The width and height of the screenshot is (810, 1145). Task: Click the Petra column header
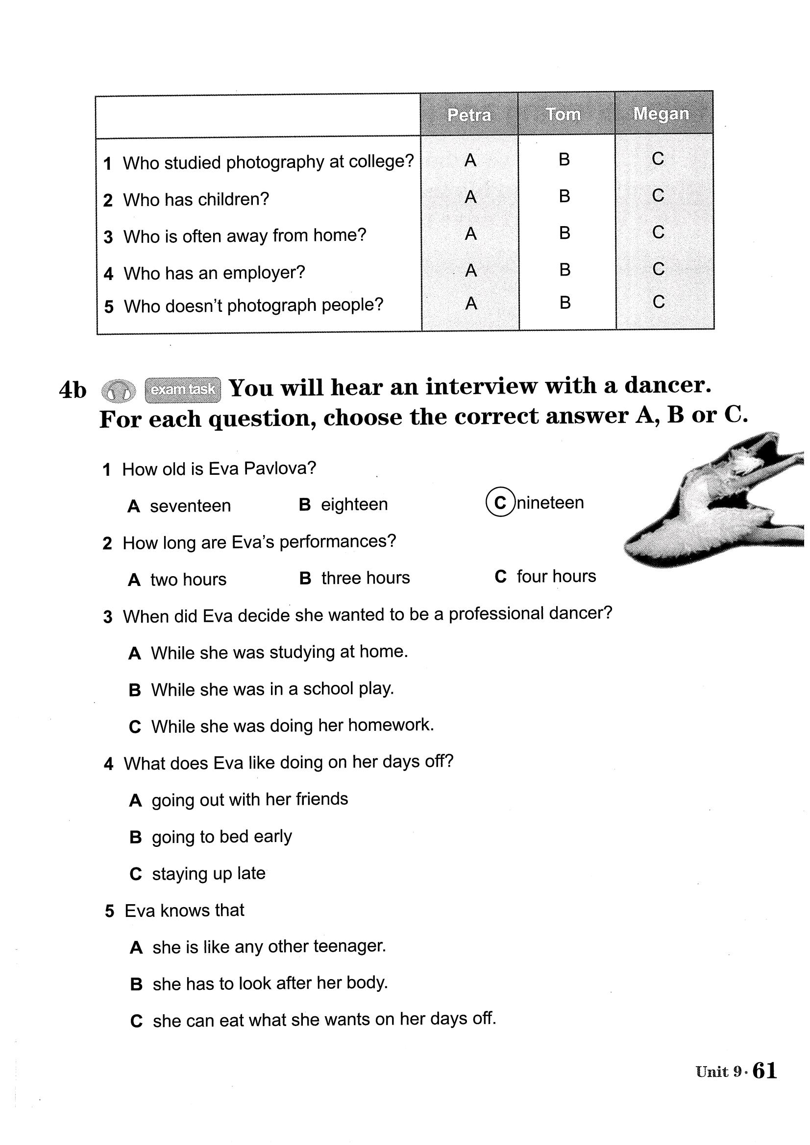(x=468, y=115)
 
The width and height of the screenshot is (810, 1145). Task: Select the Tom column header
(x=564, y=114)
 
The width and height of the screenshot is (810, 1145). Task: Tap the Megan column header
(x=661, y=114)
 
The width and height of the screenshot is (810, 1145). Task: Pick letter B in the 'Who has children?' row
(x=565, y=196)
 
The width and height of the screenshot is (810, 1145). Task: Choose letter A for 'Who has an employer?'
(x=470, y=271)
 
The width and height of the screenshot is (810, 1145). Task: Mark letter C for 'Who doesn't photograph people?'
(x=658, y=302)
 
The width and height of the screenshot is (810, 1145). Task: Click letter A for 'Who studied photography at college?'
(x=470, y=161)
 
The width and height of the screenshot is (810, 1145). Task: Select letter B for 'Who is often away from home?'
(x=565, y=233)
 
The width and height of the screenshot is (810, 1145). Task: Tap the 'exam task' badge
(x=183, y=390)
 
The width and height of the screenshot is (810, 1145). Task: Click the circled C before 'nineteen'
(x=500, y=502)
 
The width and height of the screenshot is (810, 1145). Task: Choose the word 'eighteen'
(x=354, y=504)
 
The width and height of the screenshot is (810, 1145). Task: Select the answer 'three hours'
(x=366, y=578)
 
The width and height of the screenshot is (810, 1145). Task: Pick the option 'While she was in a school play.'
(x=272, y=689)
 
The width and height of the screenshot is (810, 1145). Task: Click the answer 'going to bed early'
(x=222, y=836)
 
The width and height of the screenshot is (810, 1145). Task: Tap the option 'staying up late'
(x=209, y=873)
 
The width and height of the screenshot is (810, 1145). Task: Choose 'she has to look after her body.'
(x=270, y=983)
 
